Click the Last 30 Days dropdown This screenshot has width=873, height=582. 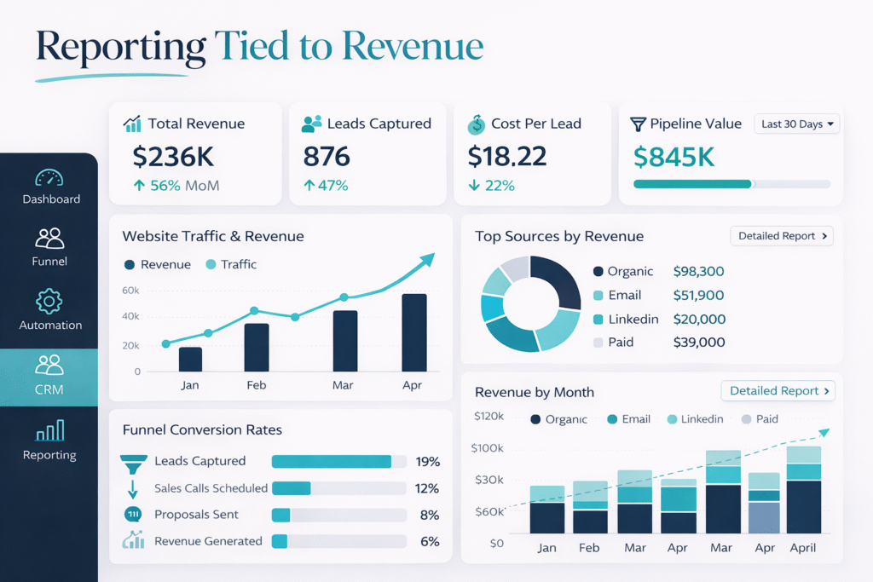point(797,124)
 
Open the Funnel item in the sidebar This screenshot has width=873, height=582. point(49,247)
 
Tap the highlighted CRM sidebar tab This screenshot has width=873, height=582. point(49,377)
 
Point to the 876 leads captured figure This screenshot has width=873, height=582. point(327,156)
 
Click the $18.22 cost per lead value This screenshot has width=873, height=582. point(507,156)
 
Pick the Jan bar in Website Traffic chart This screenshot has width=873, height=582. point(190,359)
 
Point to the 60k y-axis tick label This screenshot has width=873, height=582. point(130,291)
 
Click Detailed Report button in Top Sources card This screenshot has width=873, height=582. point(781,236)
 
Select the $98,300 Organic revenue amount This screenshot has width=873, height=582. point(698,271)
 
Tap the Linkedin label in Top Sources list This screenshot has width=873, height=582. point(633,319)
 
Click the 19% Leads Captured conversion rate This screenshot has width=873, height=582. point(427,461)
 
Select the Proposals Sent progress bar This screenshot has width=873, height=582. point(338,515)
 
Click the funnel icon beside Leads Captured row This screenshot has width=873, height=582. point(133,463)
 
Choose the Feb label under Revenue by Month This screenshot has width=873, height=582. point(589,548)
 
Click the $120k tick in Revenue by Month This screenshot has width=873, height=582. point(489,416)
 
